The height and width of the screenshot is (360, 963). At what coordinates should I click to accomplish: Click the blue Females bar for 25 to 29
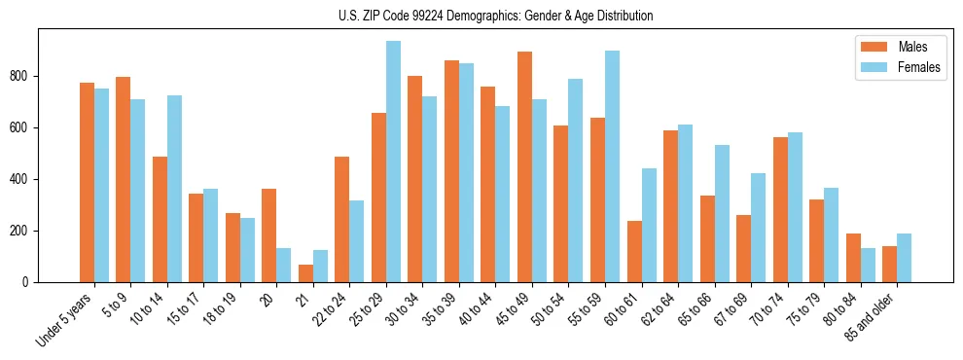(393, 162)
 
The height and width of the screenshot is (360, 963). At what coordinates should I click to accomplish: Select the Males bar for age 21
(305, 273)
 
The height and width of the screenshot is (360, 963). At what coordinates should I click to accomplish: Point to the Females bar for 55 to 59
(612, 166)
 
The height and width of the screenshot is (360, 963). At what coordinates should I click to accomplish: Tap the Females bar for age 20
(284, 265)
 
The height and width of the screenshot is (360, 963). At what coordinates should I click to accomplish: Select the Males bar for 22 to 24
(341, 220)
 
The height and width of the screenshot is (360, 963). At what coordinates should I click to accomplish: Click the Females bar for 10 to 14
(174, 189)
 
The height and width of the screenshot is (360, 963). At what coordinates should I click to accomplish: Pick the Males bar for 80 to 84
(853, 258)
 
